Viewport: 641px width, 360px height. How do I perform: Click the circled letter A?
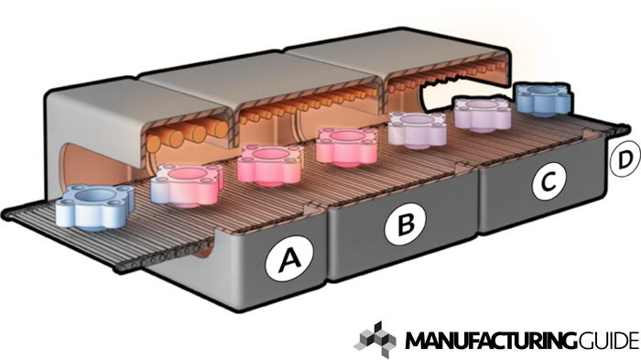pyautogui.click(x=289, y=259)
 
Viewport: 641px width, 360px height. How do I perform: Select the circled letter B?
pyautogui.click(x=405, y=224)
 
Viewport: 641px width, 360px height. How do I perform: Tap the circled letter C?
pyautogui.click(x=549, y=180)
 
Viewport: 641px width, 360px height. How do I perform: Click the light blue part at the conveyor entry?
pyautogui.click(x=95, y=207)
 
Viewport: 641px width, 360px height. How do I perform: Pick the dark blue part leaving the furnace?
pyautogui.click(x=543, y=99)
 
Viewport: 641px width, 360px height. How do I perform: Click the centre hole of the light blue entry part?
pyautogui.click(x=94, y=195)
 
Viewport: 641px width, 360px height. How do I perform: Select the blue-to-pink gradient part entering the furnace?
pyautogui.click(x=187, y=185)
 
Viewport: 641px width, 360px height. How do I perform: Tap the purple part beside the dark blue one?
pyautogui.click(x=483, y=114)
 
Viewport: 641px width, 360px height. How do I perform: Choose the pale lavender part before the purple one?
pyautogui.click(x=417, y=129)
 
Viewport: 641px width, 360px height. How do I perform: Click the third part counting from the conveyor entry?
pyautogui.click(x=270, y=165)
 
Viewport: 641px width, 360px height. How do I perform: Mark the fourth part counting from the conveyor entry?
pyautogui.click(x=347, y=146)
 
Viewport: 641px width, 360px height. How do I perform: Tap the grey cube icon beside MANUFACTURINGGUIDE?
pyautogui.click(x=375, y=341)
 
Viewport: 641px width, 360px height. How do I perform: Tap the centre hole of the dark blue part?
pyautogui.click(x=543, y=91)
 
